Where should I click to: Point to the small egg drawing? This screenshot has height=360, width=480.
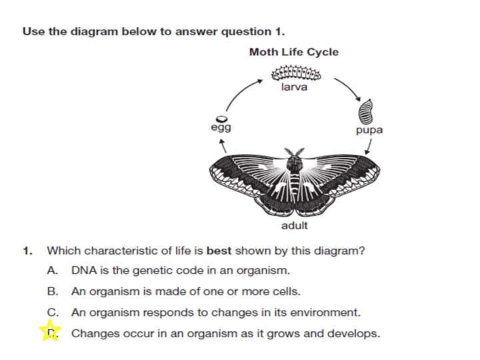(x=217, y=119)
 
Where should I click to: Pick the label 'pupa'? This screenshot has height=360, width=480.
(x=369, y=130)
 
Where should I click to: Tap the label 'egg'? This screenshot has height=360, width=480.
(x=221, y=129)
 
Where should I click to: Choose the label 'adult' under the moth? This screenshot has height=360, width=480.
(x=294, y=225)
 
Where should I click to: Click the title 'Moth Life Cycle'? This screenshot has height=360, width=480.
(x=294, y=52)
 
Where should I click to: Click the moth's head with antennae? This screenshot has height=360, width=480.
(x=295, y=161)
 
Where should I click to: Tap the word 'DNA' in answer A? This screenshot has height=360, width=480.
(x=83, y=271)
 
